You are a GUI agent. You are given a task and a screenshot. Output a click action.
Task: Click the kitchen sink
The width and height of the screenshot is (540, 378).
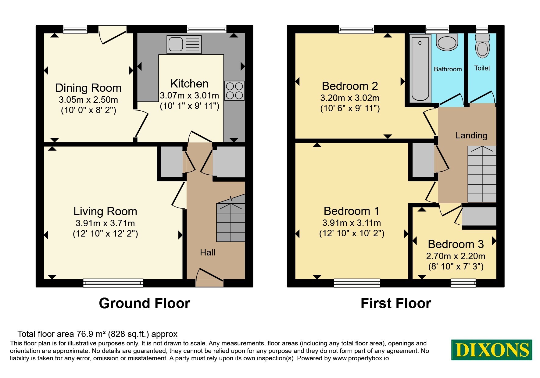(x=184, y=44)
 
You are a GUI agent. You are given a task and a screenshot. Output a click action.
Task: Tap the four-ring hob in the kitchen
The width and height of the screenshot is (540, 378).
(x=234, y=91)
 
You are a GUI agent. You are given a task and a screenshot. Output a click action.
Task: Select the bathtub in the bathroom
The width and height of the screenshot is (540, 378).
(x=420, y=67)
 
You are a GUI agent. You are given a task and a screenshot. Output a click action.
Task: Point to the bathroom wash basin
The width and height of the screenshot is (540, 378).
(x=447, y=42)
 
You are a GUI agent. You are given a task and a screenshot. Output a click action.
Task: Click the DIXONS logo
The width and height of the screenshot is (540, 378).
(x=492, y=350)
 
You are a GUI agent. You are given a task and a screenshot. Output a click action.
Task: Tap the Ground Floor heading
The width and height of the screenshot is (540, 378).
(x=145, y=303)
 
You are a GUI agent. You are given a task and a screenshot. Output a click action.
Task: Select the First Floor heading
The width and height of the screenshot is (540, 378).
(x=396, y=303)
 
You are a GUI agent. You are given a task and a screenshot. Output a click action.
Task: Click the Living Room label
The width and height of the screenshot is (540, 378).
(x=105, y=211)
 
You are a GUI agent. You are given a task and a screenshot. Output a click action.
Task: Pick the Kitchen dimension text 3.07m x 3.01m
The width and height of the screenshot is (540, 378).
(x=189, y=95)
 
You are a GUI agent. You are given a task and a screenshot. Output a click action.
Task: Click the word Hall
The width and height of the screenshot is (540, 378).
(x=208, y=252)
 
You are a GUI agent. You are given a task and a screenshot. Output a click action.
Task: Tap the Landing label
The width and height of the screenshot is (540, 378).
(x=471, y=135)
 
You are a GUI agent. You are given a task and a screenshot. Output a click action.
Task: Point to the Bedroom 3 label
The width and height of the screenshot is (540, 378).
(x=456, y=244)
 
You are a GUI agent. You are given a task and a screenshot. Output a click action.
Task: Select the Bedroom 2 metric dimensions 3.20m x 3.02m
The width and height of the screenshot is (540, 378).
(x=350, y=98)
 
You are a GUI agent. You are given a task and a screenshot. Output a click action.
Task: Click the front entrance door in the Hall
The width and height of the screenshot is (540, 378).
(x=209, y=277)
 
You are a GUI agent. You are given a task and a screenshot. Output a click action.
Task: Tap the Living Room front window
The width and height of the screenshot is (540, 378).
(x=113, y=283)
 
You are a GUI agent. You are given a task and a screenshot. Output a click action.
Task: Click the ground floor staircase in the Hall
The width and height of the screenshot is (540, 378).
(x=231, y=218)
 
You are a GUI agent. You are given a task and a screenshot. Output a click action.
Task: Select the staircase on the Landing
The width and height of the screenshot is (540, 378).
(x=482, y=174)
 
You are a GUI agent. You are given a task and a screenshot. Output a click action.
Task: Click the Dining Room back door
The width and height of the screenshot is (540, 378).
(x=112, y=35)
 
